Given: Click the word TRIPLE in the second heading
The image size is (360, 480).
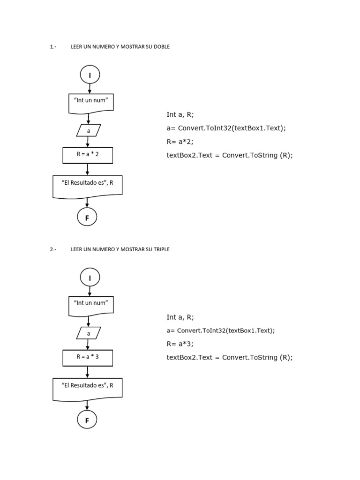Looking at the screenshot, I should pos(161,249).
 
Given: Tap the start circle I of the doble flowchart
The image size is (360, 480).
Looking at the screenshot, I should pos(90,75).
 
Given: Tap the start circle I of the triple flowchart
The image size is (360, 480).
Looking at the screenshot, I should pos(90,278).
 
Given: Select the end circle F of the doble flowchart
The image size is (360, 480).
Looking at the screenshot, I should pos(87,217).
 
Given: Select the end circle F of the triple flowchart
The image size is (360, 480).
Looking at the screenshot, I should pos(87,420).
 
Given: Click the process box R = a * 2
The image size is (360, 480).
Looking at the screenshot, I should pos(88,155).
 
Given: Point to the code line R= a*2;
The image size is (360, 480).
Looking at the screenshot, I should pos(180,142).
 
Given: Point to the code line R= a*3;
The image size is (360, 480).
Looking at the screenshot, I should pos(180,344).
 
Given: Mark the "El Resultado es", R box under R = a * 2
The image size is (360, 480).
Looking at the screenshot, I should pos(88,186).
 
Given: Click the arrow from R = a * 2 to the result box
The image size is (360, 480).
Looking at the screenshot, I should pos(88,169).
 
